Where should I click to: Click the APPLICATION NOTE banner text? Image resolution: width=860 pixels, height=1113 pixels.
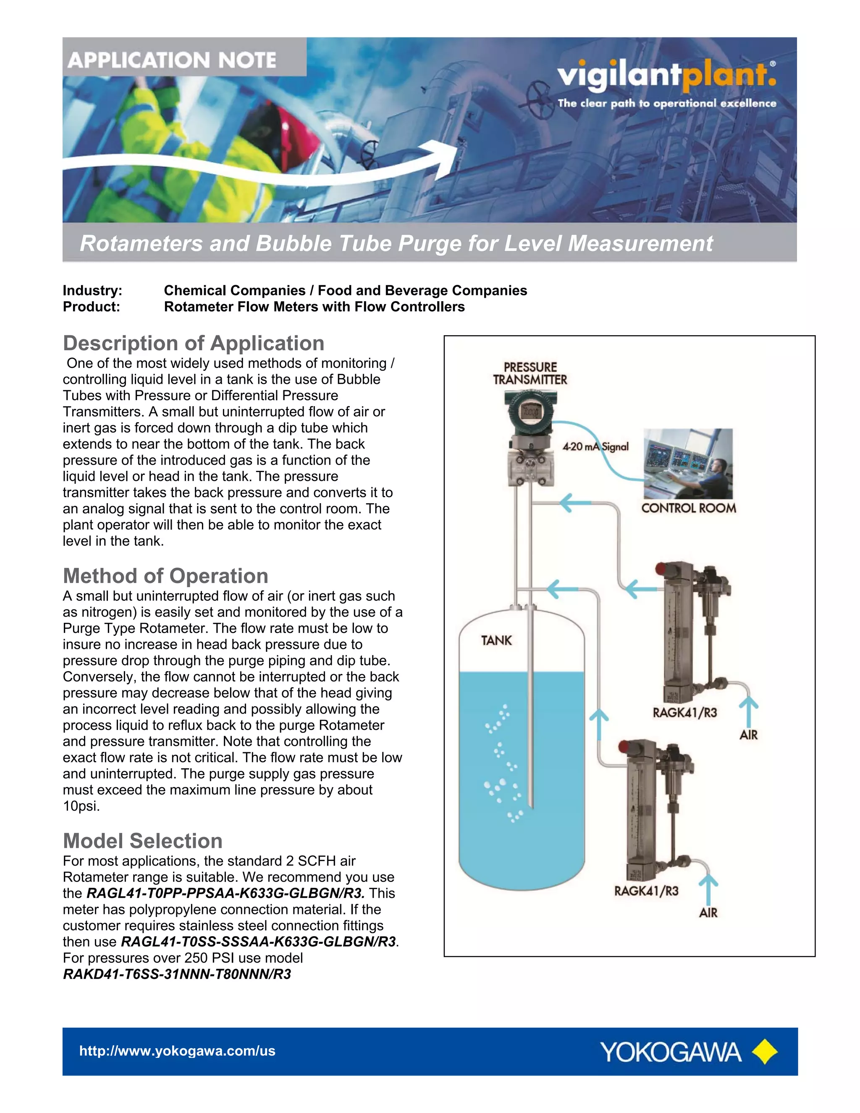172,60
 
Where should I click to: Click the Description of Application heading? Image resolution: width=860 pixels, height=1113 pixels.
193,344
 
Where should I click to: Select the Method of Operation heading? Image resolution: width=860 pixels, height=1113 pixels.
165,576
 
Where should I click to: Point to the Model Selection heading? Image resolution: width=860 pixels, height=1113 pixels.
143,841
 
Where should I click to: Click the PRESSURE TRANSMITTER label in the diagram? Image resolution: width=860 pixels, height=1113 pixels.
530,373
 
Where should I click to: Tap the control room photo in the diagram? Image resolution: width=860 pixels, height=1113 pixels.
688,463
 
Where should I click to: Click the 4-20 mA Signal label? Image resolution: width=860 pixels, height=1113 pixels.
595,447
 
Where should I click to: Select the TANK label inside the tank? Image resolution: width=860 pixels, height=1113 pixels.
496,640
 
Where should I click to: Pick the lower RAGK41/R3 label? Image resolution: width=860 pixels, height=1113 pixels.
645,891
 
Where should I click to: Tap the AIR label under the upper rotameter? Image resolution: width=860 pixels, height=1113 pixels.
748,735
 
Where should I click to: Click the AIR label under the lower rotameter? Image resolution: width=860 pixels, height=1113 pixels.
708,913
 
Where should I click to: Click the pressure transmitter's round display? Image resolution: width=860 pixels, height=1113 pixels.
530,412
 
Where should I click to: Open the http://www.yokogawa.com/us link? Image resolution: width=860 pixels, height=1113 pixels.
177,1051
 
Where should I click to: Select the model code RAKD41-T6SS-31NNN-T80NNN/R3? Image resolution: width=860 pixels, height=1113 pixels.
177,974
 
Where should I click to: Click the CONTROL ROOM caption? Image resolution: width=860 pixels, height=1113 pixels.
688,508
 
